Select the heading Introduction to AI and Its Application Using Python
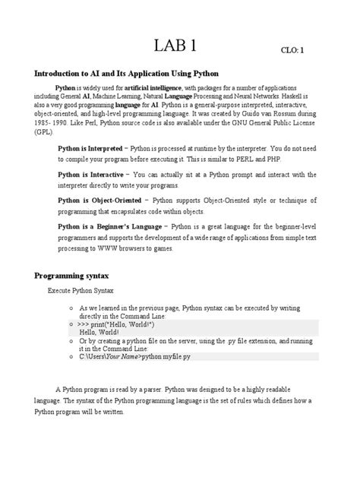point(125,74)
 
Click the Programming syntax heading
point(73,274)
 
